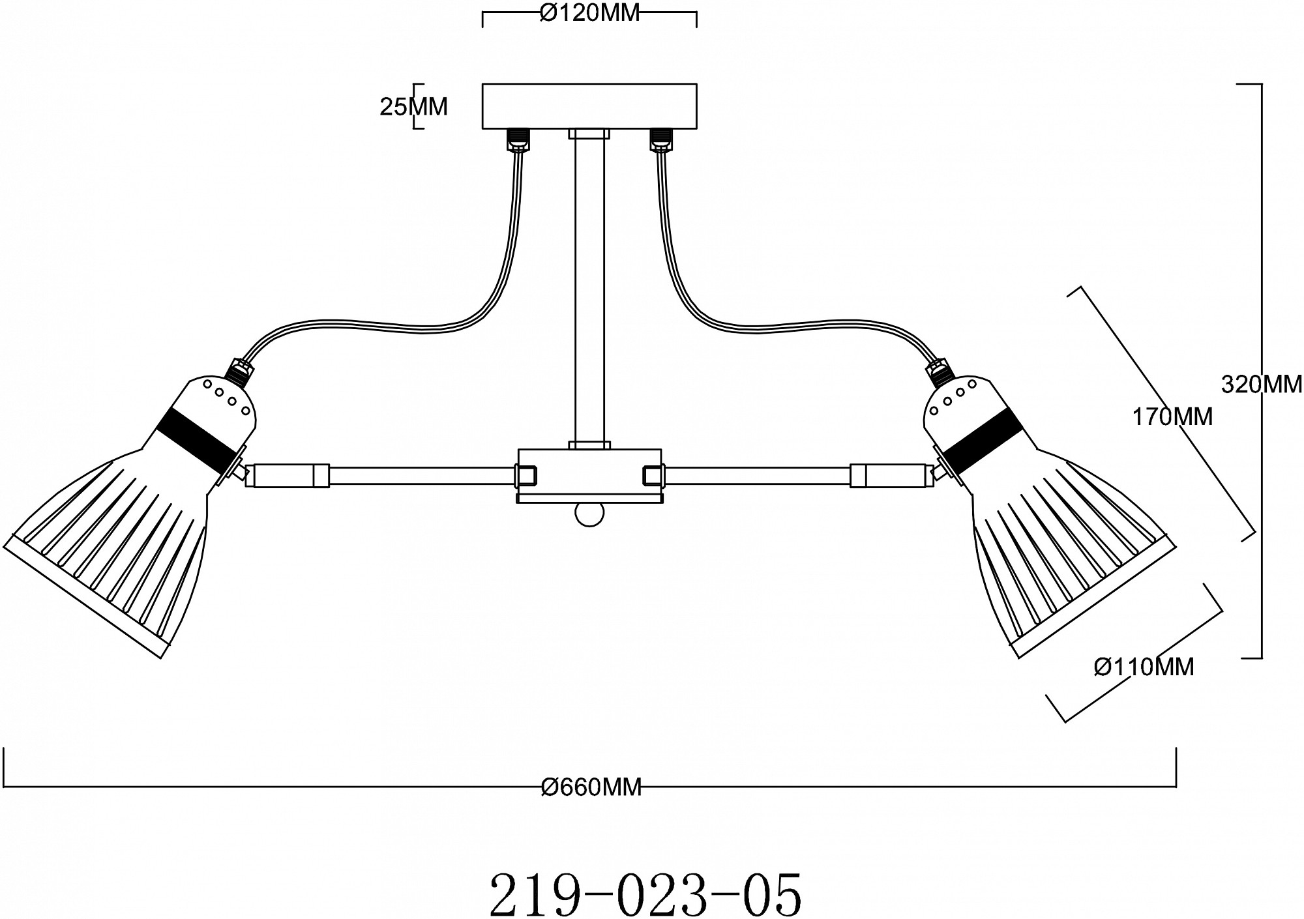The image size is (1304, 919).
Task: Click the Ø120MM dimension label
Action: pyautogui.click(x=590, y=12)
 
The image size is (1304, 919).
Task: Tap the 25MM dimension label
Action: pyautogui.click(x=413, y=106)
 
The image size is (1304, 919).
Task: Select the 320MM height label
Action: pyautogui.click(x=1261, y=385)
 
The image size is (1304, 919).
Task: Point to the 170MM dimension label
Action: pyautogui.click(x=1172, y=416)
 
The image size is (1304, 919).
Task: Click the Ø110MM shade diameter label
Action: pyautogui.click(x=1144, y=666)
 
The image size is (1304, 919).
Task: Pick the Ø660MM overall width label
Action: pyautogui.click(x=591, y=787)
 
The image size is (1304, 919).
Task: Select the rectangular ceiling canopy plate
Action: pyautogui.click(x=589, y=106)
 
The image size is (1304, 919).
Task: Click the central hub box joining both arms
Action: pyautogui.click(x=589, y=475)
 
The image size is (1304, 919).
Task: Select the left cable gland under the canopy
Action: pyautogui.click(x=519, y=139)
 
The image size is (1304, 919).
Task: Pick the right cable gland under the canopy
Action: pyautogui.click(x=660, y=139)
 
